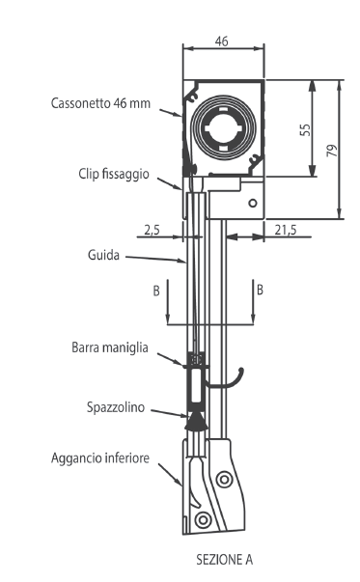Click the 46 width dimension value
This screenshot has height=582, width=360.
222,42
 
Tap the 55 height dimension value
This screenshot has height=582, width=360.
305,129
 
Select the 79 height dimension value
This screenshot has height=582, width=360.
332,150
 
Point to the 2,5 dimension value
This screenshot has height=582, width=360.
152,230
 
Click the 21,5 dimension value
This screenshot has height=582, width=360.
286,230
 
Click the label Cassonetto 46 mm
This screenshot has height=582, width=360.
100,103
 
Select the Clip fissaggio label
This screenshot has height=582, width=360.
114,174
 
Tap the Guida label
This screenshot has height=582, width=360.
103,255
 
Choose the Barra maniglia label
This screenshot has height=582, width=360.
110,347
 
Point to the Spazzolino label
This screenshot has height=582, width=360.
116,407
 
